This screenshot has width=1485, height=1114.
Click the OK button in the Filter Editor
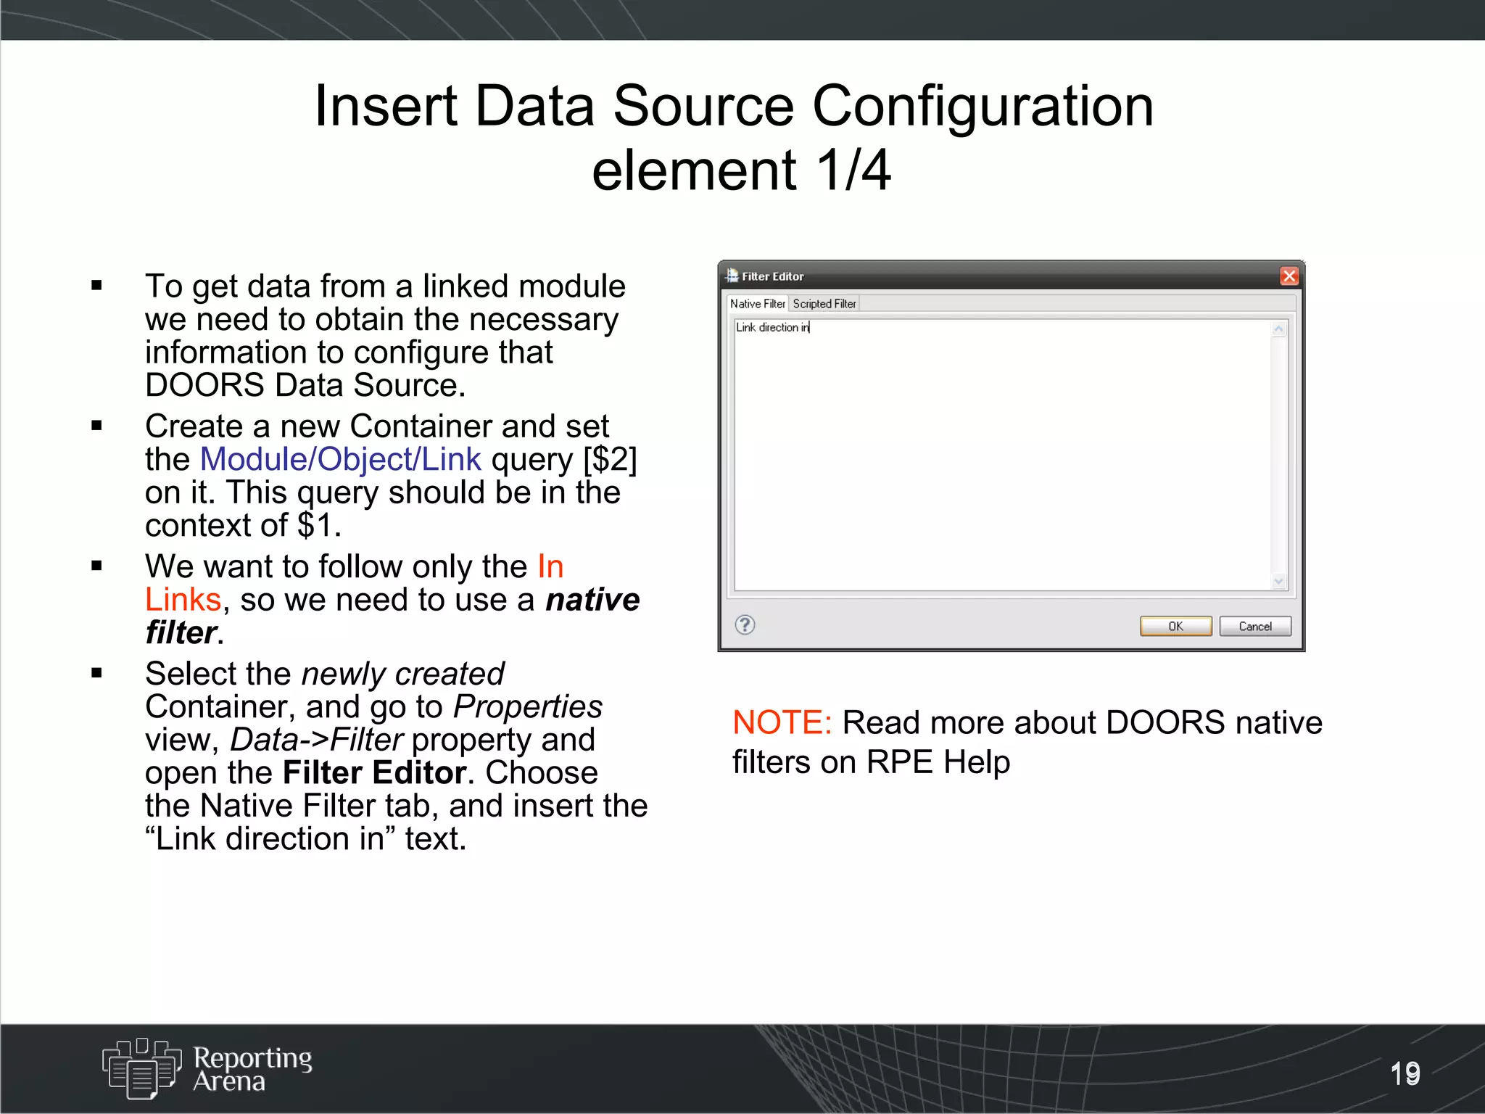coord(1175,626)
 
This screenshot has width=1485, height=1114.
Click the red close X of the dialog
coord(1288,276)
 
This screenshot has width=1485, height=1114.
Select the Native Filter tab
coord(757,304)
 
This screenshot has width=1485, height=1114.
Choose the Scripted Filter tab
coord(824,304)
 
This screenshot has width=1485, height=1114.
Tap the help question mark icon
coord(745,624)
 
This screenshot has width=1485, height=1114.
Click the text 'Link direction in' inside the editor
coord(772,328)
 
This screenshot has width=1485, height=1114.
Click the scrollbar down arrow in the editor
coord(1278,581)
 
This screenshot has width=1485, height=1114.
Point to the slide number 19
coord(1405,1073)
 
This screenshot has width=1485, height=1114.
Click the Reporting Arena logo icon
coord(141,1068)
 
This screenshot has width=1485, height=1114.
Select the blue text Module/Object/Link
coord(340,459)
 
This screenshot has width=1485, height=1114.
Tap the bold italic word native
coord(592,600)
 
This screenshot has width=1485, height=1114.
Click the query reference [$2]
coord(610,459)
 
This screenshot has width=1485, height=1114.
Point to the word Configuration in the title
coord(983,106)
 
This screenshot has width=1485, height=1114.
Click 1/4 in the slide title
coord(853,170)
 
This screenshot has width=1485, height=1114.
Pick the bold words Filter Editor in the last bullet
coord(373,772)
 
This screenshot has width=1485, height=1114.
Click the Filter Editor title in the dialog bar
coord(772,276)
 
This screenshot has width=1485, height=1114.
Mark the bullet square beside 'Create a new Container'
coord(97,426)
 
